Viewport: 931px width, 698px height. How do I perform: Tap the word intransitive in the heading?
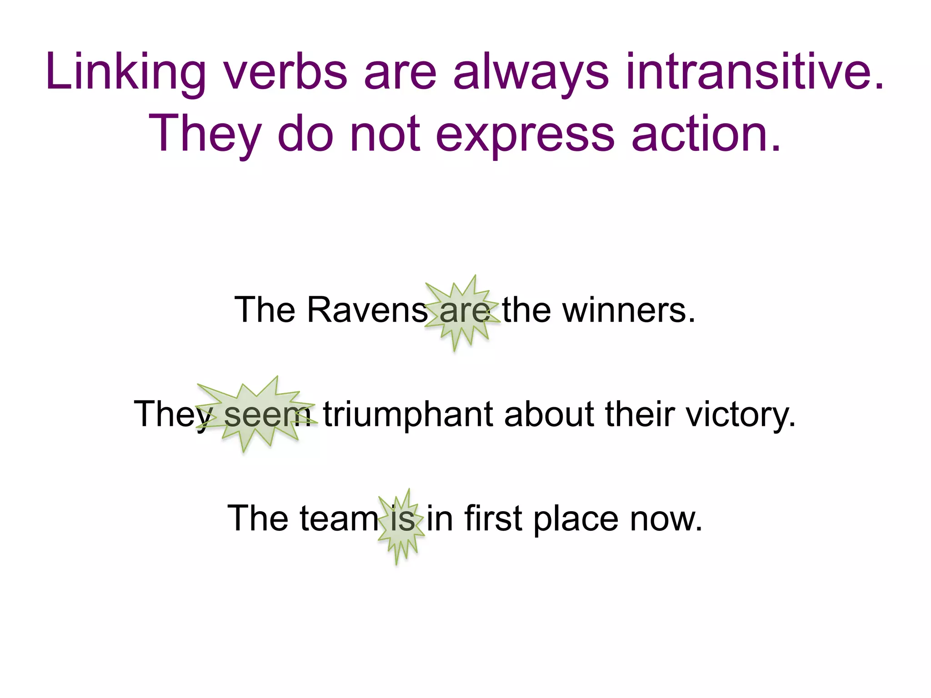click(755, 72)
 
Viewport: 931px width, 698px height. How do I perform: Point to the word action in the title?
click(706, 134)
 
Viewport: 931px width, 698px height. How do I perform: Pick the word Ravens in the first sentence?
click(367, 310)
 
